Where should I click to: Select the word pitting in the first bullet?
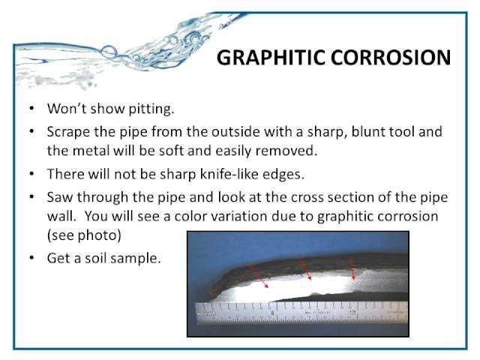click(x=151, y=109)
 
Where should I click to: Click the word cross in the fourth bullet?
click(x=307, y=197)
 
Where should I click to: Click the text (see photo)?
click(x=84, y=235)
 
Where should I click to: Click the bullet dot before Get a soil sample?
click(x=31, y=258)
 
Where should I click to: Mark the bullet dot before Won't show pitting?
click(x=31, y=108)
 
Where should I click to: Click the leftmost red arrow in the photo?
click(x=258, y=277)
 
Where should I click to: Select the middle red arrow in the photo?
click(x=304, y=268)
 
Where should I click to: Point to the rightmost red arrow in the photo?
click(x=352, y=268)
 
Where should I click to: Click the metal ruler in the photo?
click(x=302, y=313)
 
